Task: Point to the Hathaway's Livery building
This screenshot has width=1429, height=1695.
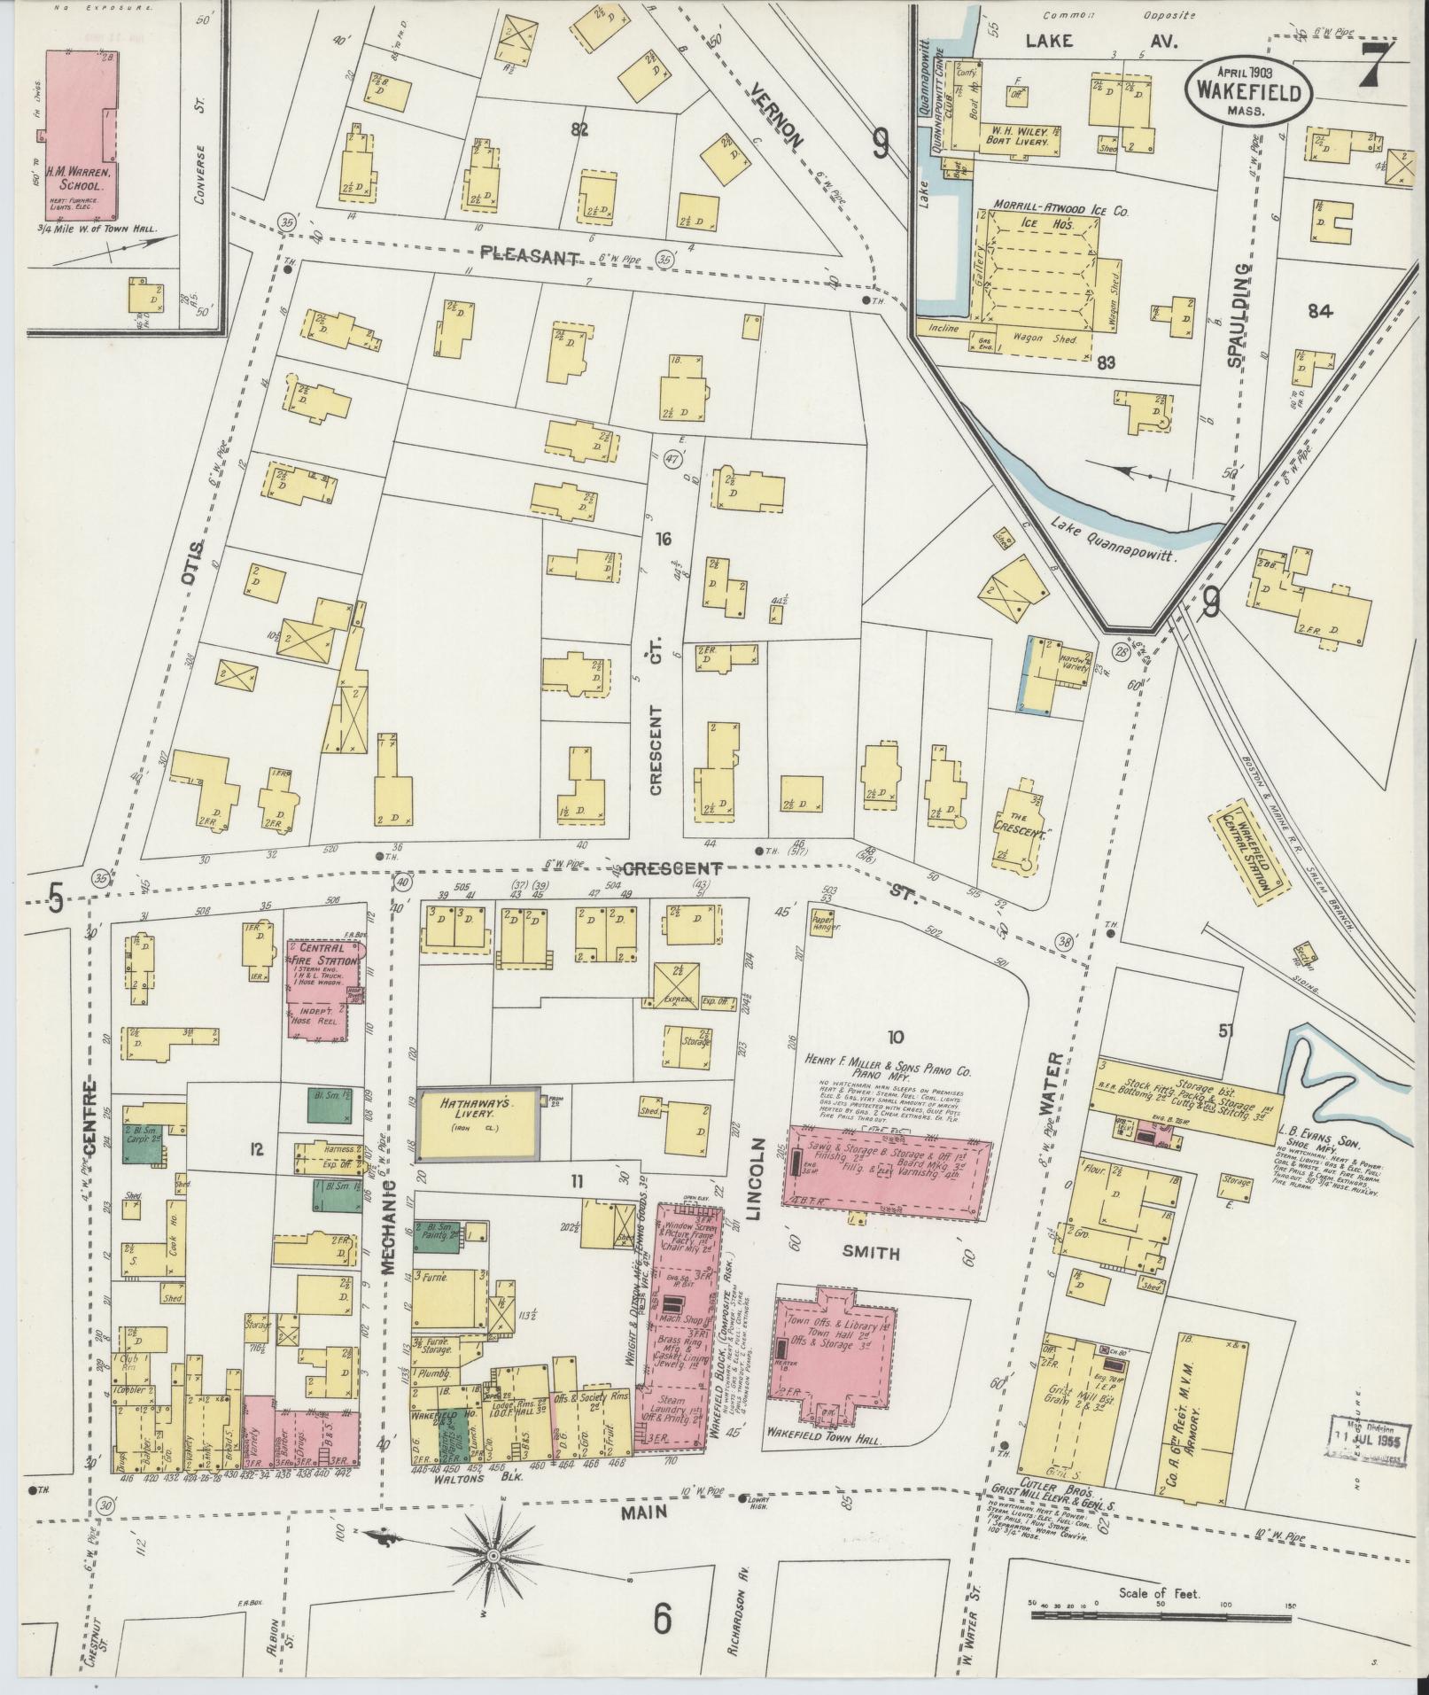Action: [x=479, y=1124]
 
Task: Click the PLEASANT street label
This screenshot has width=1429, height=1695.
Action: [x=530, y=255]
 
